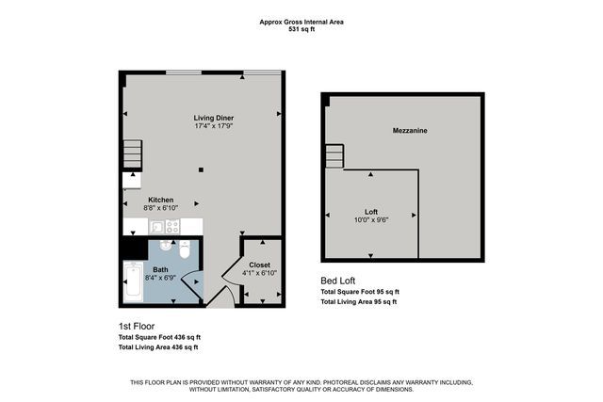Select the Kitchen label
coord(160,200)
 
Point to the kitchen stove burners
coord(172,226)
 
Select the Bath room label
coord(161,270)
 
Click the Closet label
coord(259,265)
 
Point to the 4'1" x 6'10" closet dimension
coord(259,273)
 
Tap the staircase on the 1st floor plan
coord(131,153)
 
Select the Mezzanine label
coord(411,131)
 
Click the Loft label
coord(371,211)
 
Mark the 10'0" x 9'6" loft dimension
coord(371,219)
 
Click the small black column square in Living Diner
coord(201,169)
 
